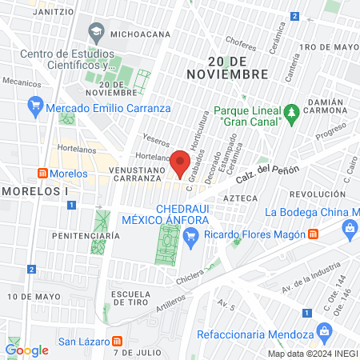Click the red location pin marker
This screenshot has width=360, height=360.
tap(180, 162)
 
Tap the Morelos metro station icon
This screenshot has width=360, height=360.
tap(42, 174)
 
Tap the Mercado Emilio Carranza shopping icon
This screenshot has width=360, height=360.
tap(34, 105)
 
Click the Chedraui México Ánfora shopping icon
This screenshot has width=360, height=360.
tap(190, 234)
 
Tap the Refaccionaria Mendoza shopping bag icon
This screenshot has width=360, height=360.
tap(323, 330)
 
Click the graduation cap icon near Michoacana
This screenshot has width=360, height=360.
tap(96, 34)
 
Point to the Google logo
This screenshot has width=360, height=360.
tap(26, 350)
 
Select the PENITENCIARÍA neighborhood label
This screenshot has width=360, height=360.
tap(85, 236)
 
